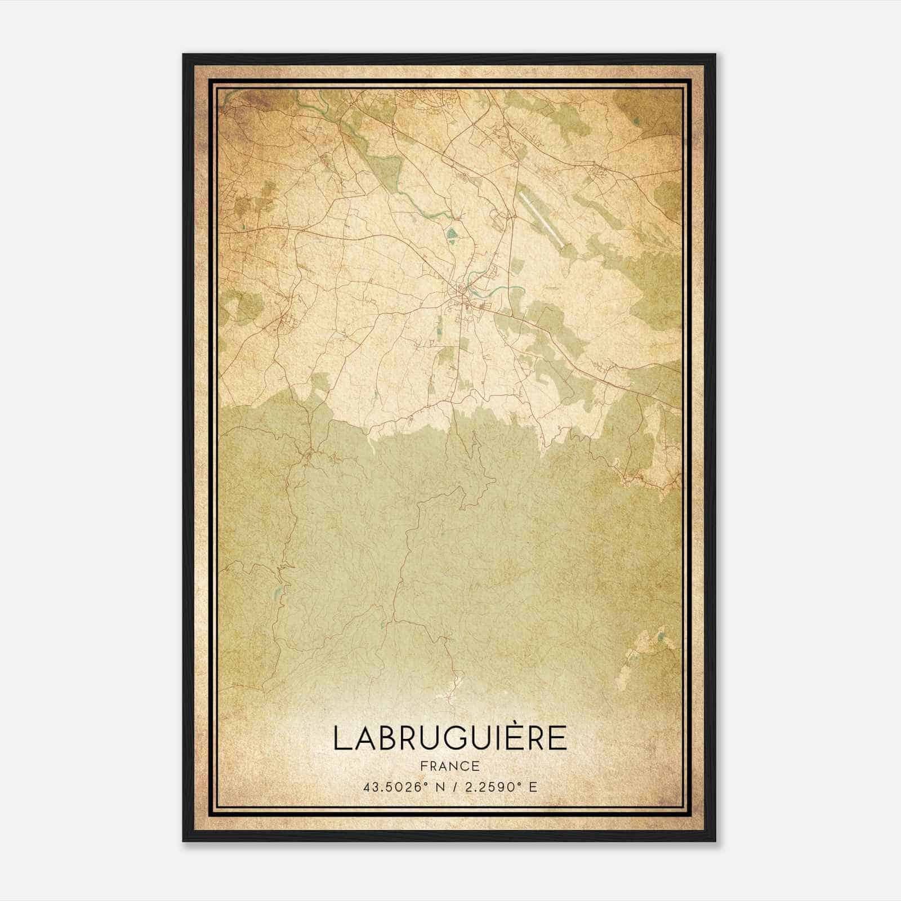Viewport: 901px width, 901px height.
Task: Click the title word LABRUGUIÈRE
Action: point(450,738)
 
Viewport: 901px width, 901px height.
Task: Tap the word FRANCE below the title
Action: point(450,766)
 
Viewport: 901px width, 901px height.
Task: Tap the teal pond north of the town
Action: point(451,233)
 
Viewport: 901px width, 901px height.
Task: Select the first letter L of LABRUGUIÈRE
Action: point(340,738)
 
